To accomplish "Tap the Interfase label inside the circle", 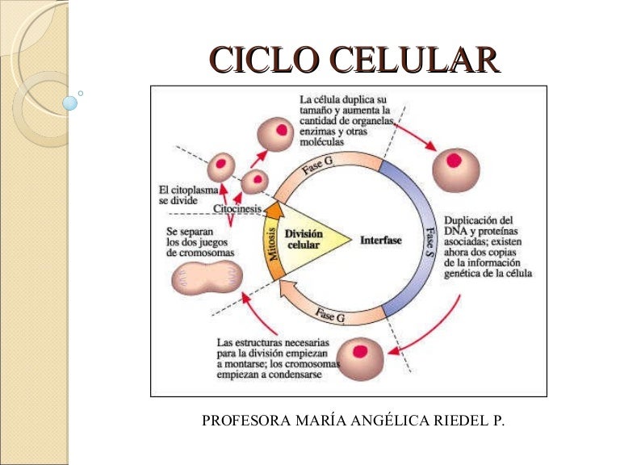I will coord(380,240).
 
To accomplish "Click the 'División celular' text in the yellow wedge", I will coord(304,238).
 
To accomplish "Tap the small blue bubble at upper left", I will coord(70,103).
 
